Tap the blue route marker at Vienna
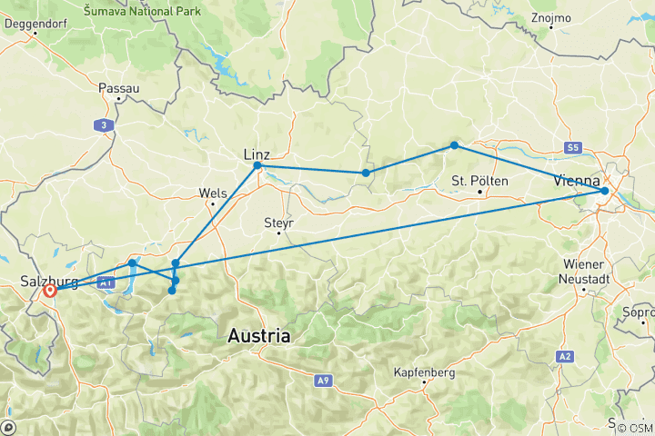point(605,191)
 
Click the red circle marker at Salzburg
point(49,292)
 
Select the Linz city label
point(256,154)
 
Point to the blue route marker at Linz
point(257,166)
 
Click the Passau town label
point(119,89)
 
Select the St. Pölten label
point(479,181)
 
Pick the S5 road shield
point(571,147)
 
